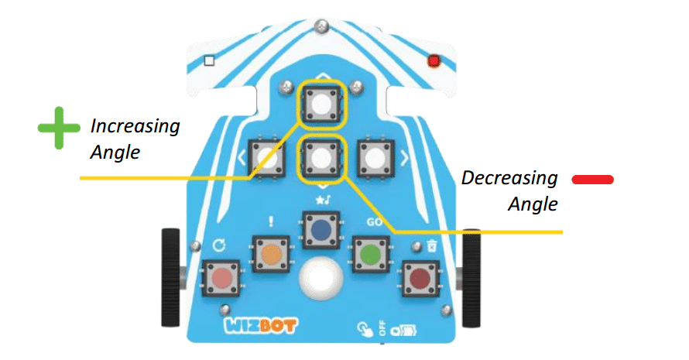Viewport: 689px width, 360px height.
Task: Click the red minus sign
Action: pos(593,180)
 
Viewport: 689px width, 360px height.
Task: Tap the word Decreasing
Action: pos(509,178)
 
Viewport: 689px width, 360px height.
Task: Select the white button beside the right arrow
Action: pos(375,159)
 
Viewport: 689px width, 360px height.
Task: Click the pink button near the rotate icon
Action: pos(221,278)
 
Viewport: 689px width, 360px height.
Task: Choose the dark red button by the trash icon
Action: pos(420,278)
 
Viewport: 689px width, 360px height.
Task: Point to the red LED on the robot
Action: pos(434,60)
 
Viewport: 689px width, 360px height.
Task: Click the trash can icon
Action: pos(431,245)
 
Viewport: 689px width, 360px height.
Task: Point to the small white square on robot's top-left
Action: pos(208,60)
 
